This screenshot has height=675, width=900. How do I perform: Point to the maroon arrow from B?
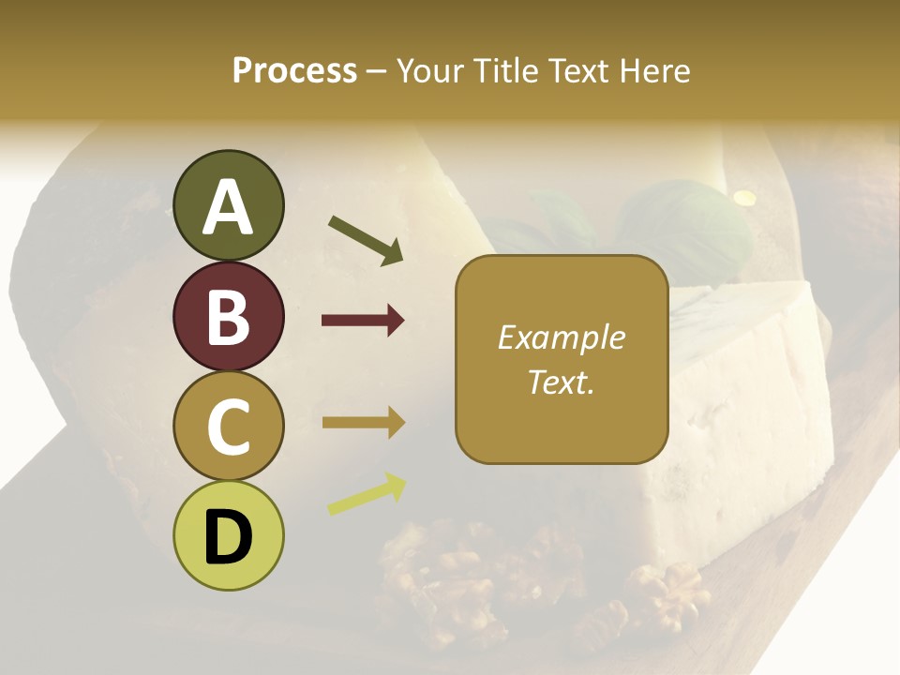tap(363, 321)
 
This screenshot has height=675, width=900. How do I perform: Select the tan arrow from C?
tap(363, 423)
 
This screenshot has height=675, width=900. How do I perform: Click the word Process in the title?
tap(294, 71)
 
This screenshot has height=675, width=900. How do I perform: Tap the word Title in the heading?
tap(502, 71)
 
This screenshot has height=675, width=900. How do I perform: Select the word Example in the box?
tap(562, 337)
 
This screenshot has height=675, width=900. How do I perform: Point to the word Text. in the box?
tap(562, 382)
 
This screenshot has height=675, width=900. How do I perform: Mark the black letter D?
tap(228, 537)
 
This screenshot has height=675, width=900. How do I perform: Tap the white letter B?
tap(228, 317)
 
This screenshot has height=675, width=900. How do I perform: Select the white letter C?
tap(228, 427)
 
